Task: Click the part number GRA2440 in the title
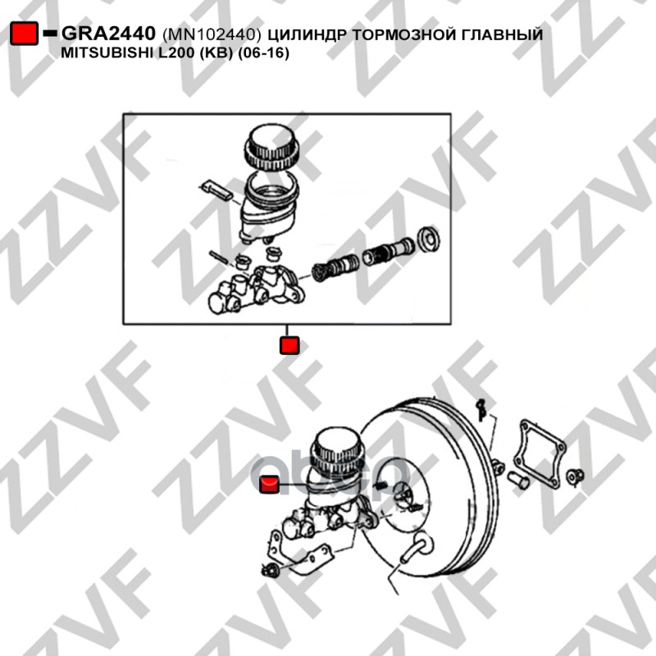click(x=108, y=33)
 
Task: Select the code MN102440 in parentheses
click(x=212, y=34)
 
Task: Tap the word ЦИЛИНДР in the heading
click(x=307, y=34)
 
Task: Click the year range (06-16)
click(x=263, y=53)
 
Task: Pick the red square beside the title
click(x=25, y=33)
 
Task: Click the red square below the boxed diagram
click(x=289, y=345)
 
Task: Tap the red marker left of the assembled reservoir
click(x=269, y=484)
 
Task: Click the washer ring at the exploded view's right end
click(x=429, y=239)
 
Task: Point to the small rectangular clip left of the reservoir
click(x=216, y=190)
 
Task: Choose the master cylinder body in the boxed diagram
click(x=256, y=290)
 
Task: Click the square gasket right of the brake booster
click(x=539, y=455)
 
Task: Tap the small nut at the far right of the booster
click(x=575, y=476)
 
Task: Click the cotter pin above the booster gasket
click(x=481, y=409)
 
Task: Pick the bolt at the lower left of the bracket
click(x=271, y=570)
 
